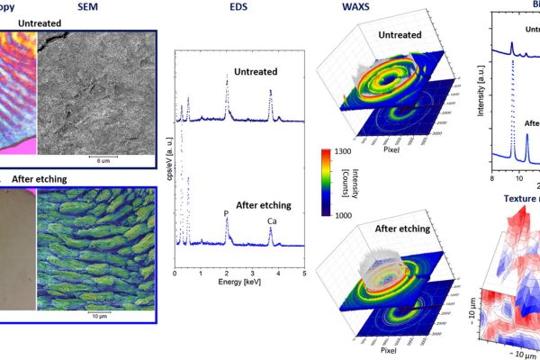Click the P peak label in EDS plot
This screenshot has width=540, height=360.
[x=226, y=214]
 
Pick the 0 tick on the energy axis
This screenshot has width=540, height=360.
[x=175, y=272]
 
